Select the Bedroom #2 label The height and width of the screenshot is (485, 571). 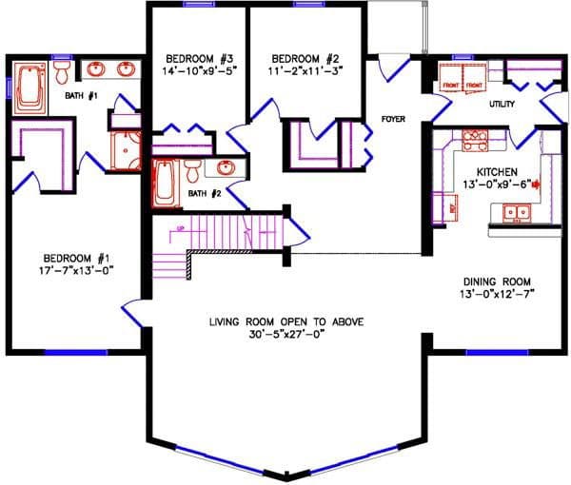click(305, 54)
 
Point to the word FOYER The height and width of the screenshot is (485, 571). click(394, 120)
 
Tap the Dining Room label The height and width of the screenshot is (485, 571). click(498, 281)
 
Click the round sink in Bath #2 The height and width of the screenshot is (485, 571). click(225, 168)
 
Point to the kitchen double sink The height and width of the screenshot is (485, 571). click(516, 211)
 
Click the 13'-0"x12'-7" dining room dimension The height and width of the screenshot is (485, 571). click(498, 294)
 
